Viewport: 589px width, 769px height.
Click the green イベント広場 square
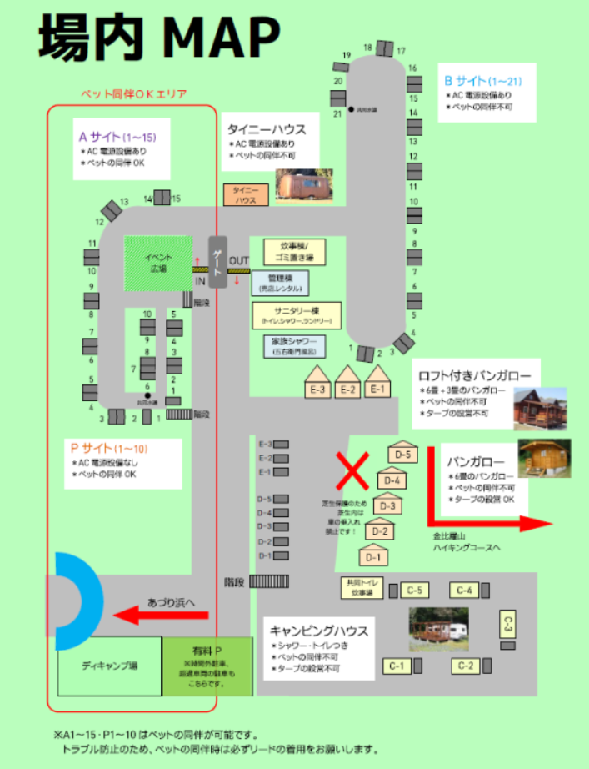click(x=157, y=264)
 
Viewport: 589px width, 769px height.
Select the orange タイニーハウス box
click(x=246, y=195)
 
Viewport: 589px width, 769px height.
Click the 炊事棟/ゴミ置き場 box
click(x=293, y=252)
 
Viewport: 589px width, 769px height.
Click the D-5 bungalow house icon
click(x=402, y=451)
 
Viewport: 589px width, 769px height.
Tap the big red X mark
click(x=352, y=471)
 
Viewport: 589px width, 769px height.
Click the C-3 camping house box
click(x=508, y=625)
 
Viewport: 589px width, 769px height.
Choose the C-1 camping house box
click(x=397, y=666)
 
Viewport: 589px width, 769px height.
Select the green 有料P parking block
click(x=207, y=666)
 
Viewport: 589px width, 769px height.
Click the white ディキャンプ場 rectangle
click(x=109, y=666)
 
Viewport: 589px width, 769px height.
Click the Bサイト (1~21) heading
click(x=484, y=81)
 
